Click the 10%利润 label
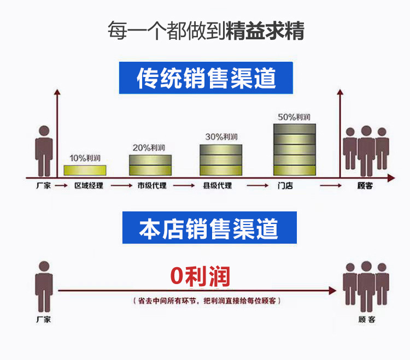coord(85,158)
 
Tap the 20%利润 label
coord(149,147)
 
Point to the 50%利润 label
coord(294,117)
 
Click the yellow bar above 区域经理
coord(85,170)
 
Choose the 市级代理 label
coord(151,186)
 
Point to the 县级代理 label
coord(217,186)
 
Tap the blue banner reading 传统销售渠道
coord(206,78)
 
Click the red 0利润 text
coord(200,276)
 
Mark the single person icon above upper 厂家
coord(44,147)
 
